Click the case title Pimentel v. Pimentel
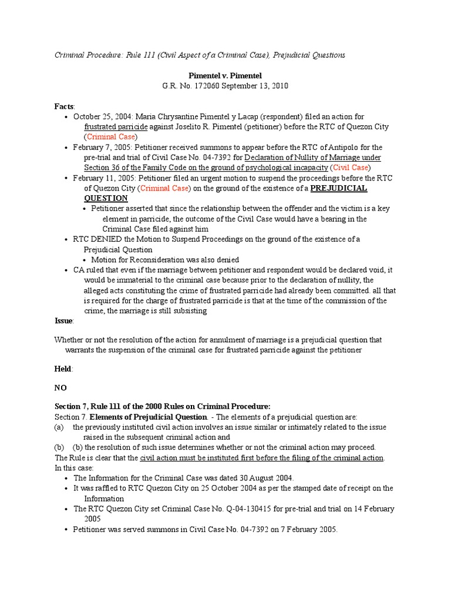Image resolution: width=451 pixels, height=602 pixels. pyautogui.click(x=225, y=76)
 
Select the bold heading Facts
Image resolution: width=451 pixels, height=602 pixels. pyautogui.click(x=64, y=106)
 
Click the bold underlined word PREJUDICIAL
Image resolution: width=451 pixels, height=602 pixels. pyautogui.click(x=338, y=188)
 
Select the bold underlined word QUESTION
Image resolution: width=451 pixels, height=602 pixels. pyautogui.click(x=106, y=198)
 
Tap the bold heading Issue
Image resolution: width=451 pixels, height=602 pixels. pyautogui.click(x=63, y=321)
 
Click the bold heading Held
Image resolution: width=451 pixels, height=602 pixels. pyautogui.click(x=63, y=369)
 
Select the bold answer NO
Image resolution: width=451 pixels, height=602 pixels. pyautogui.click(x=60, y=388)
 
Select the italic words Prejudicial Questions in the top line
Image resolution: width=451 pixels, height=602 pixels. pyautogui.click(x=307, y=55)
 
